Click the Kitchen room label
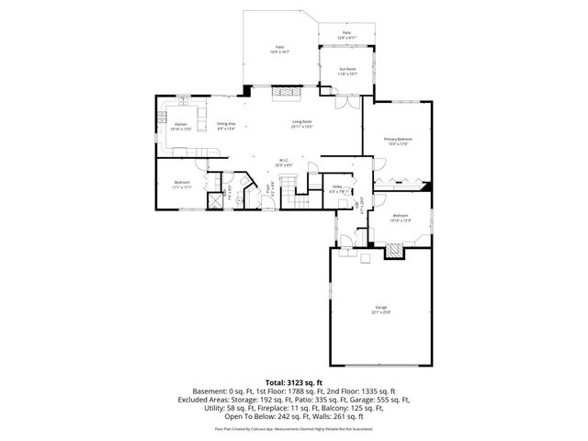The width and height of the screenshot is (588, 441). (x=180, y=127)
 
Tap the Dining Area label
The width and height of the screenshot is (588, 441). (x=226, y=127)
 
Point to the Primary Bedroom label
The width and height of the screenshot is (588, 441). (x=396, y=141)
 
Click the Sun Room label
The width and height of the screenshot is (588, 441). (x=346, y=71)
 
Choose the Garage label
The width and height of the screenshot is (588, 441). (x=380, y=309)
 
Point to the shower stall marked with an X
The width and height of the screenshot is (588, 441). (x=217, y=197)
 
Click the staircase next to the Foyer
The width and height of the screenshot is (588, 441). (x=288, y=193)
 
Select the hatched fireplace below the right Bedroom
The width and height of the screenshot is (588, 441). (x=393, y=248)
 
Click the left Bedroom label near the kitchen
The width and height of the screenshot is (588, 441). (x=182, y=184)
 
